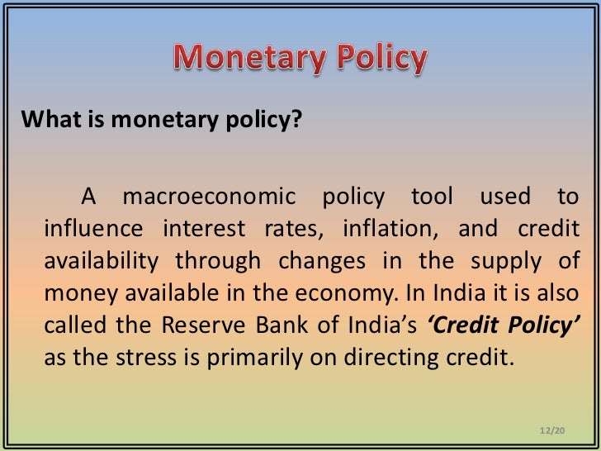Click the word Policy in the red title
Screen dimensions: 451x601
tap(375, 58)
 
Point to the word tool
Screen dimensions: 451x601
tap(428, 197)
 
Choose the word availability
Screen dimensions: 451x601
tap(100, 261)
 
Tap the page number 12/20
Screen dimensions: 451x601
tap(549, 430)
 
